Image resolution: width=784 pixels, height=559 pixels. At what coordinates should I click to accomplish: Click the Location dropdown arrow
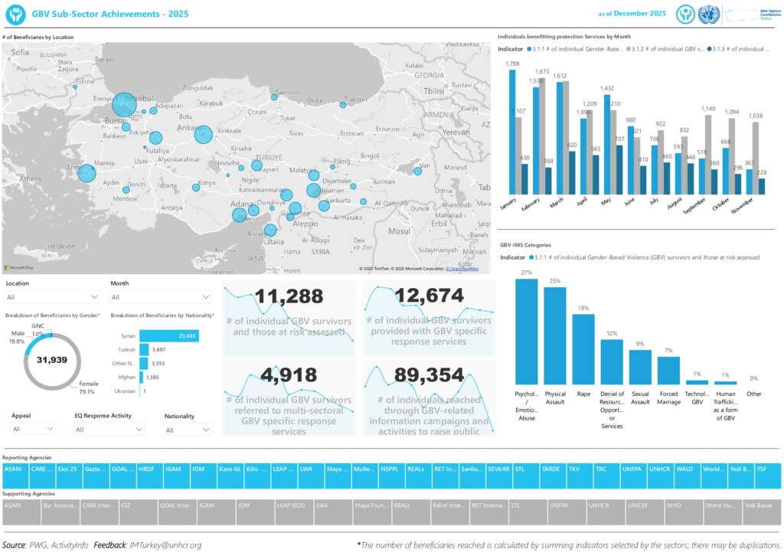pos(94,297)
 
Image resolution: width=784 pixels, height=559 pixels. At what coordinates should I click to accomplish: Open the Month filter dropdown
pos(206,297)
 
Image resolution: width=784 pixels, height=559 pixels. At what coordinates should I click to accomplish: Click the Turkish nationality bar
pos(144,349)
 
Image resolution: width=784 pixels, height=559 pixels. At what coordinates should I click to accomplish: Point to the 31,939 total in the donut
pos(53,360)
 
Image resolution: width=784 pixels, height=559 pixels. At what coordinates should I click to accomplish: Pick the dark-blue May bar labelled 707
pos(619,168)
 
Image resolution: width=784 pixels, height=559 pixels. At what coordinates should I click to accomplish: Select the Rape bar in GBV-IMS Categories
pos(584,349)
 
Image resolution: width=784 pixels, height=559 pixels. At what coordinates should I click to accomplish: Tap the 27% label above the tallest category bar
pos(526,273)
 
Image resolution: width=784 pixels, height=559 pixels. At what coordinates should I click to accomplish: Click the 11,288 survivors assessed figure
pos(289,296)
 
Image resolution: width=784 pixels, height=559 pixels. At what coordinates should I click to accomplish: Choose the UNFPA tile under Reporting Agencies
pos(632,469)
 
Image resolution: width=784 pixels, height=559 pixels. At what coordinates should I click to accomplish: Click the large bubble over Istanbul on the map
pos(123,105)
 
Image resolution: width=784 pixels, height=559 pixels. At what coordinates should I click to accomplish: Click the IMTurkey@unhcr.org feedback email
pos(165,545)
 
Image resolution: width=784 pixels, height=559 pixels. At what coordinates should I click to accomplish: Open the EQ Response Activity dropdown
pos(139,430)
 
